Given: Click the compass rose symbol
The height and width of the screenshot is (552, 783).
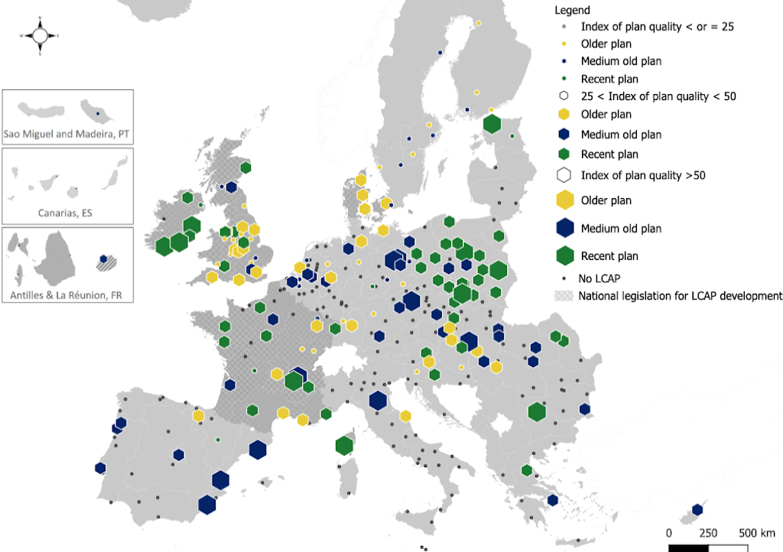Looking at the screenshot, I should click(40, 35).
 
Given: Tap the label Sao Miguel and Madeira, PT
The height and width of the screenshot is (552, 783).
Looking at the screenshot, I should click(67, 134).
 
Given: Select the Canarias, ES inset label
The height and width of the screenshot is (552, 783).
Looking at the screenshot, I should click(67, 213).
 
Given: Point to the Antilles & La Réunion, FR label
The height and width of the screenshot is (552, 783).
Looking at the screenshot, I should click(67, 294).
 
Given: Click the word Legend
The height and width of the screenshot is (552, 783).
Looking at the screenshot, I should click(573, 10).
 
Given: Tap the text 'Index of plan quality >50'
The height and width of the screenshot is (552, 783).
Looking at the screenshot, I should click(643, 175).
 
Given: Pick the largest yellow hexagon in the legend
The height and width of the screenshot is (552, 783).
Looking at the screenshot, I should click(564, 200).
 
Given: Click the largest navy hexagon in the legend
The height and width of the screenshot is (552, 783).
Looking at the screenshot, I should click(564, 228).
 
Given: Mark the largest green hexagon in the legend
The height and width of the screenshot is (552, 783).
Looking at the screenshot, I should click(564, 255).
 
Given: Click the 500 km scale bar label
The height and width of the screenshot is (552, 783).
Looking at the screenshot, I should click(756, 532).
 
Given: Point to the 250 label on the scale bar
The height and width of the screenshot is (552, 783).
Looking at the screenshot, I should click(708, 532).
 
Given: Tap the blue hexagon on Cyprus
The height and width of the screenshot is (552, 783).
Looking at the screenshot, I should click(697, 510).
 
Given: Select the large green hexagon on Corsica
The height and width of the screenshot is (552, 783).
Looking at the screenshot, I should click(344, 445).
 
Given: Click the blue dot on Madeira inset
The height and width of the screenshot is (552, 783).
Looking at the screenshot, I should click(98, 114).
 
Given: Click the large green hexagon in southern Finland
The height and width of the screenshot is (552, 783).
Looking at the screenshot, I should click(492, 124).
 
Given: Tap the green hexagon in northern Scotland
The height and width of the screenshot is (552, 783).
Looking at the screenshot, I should click(246, 167).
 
